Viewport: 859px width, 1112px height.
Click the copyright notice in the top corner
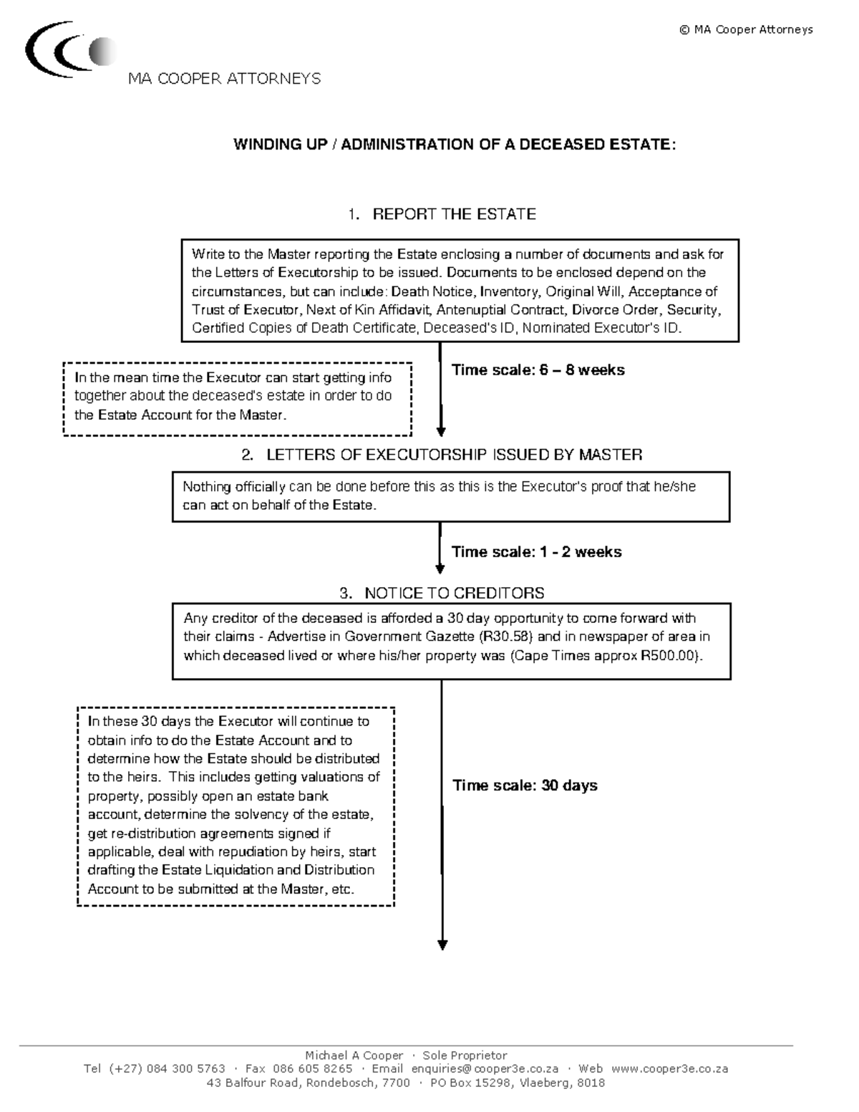click(746, 30)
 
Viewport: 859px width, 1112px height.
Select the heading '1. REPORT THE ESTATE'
click(442, 214)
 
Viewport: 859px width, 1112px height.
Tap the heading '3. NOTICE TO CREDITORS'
click(442, 593)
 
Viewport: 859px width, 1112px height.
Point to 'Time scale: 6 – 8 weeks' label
click(538, 370)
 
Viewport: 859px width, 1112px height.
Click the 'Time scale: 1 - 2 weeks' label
click(536, 552)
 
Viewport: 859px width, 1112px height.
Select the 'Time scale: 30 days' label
click(525, 785)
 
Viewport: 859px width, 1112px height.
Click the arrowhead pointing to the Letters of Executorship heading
click(441, 431)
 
